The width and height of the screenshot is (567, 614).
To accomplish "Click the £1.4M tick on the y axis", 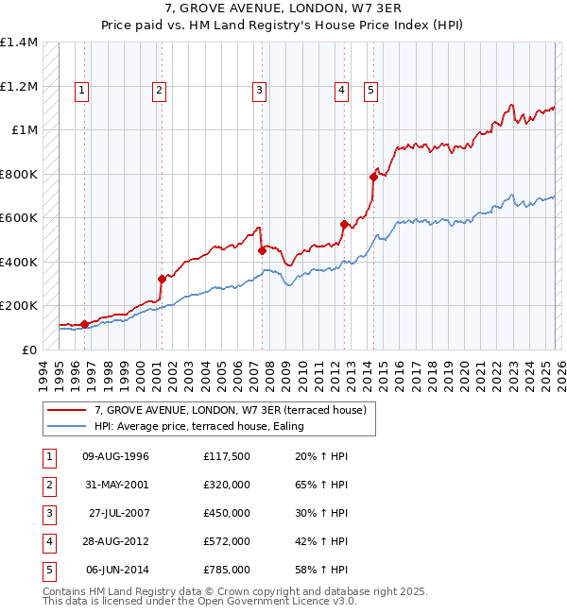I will click(19, 43).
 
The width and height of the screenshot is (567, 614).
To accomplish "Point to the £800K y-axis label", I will click(19, 174).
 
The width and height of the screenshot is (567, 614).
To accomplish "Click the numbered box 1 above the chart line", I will click(83, 91).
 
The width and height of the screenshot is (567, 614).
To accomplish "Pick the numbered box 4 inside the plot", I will click(341, 91).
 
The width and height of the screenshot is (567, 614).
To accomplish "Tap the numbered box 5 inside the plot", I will click(369, 91).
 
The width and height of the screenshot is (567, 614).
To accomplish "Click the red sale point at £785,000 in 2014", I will click(373, 177).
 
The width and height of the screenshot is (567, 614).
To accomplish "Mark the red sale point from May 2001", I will click(162, 279).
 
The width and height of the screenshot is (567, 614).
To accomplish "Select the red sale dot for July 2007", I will click(262, 250).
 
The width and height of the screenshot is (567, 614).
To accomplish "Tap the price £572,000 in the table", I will click(227, 542).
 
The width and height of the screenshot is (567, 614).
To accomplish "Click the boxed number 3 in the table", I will click(47, 514).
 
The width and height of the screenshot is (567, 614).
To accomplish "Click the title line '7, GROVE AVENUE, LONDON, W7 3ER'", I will click(283, 10).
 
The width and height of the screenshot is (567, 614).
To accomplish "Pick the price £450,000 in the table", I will click(227, 514).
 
